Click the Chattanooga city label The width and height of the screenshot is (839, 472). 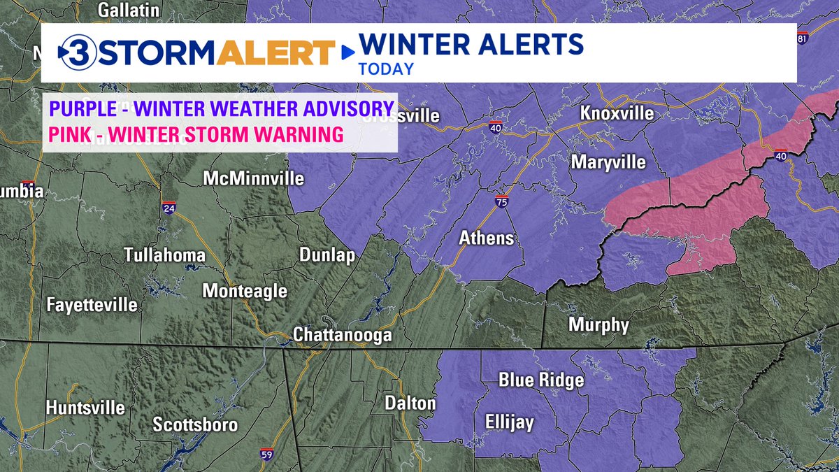(x=342, y=335)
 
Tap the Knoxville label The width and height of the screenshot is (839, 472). (x=616, y=114)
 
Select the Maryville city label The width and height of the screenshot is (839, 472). (x=608, y=162)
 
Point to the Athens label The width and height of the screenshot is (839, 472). (x=486, y=238)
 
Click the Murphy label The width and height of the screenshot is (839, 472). (x=598, y=324)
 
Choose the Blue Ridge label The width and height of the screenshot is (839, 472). (x=540, y=380)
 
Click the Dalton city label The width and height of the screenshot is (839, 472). (x=410, y=403)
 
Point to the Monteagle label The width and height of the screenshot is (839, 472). (x=245, y=291)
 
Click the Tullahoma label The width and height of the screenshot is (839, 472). (x=165, y=255)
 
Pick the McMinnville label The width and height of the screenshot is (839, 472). (x=254, y=178)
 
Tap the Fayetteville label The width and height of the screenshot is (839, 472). (x=92, y=305)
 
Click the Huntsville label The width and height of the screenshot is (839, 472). (x=85, y=408)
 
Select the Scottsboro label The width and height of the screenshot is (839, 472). (x=195, y=424)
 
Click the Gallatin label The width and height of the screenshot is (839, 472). (x=129, y=10)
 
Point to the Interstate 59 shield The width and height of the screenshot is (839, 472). (x=266, y=455)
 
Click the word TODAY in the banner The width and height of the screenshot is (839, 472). (x=386, y=69)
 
